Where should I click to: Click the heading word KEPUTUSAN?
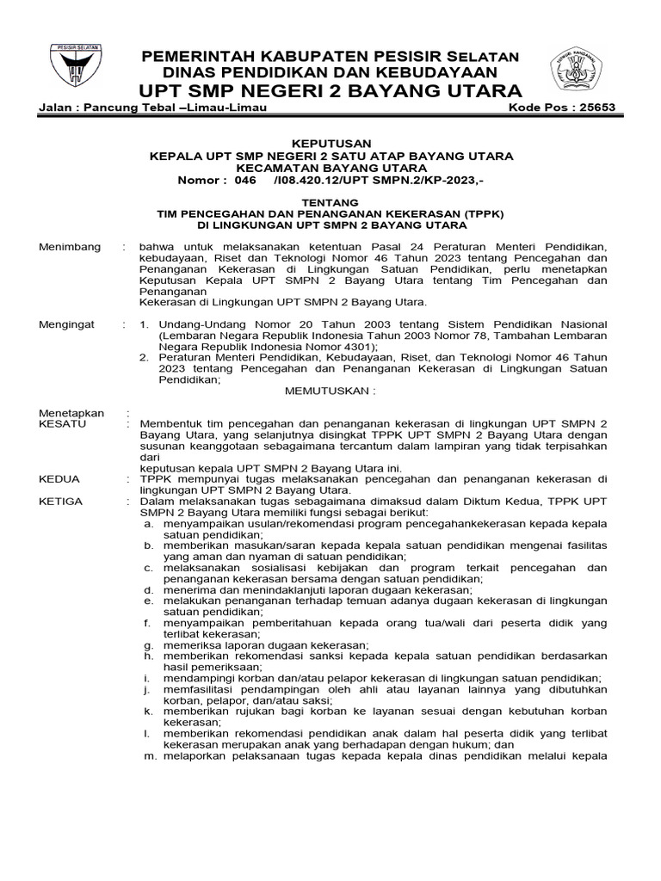(331, 144)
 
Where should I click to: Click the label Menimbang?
(71, 248)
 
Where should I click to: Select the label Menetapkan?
(72, 413)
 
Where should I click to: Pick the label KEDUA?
(60, 478)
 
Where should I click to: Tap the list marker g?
(147, 644)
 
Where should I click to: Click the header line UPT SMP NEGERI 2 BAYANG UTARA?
(330, 90)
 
